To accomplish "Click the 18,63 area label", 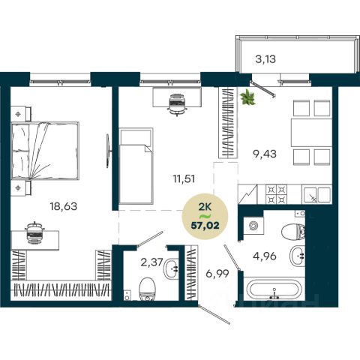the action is [x=64, y=207].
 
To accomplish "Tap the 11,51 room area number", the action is [x=184, y=178].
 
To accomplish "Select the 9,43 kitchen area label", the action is [x=265, y=154].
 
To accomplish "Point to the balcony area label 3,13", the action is [x=265, y=59].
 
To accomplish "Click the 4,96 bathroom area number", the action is [x=265, y=256].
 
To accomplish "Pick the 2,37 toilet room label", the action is [x=151, y=262].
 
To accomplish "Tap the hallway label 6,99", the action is [x=217, y=274].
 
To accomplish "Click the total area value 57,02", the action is [x=205, y=226].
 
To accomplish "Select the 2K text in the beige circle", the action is [x=205, y=207].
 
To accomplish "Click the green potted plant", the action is [x=247, y=97].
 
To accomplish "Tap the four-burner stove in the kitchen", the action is [x=276, y=194].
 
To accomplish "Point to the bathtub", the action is [x=274, y=289].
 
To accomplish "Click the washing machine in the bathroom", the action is [x=253, y=226].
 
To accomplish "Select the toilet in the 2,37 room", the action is [x=148, y=289].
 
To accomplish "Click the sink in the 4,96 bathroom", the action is [x=297, y=255].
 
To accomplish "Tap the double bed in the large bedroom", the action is [x=45, y=151].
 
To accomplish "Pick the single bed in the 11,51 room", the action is [x=136, y=166].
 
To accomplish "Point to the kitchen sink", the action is [x=316, y=194].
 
